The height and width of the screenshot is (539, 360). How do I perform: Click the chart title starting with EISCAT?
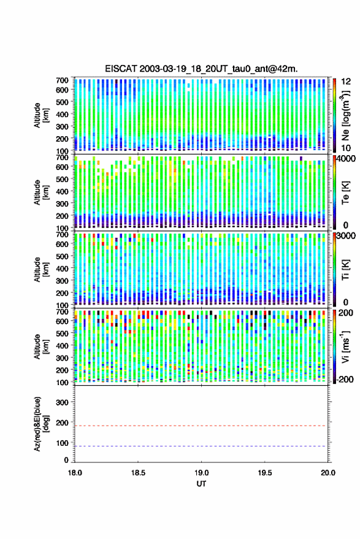pyautogui.click(x=201, y=69)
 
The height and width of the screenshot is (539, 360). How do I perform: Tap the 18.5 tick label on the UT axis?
pyautogui.click(x=138, y=473)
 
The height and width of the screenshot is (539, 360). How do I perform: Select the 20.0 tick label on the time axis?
pyautogui.click(x=328, y=473)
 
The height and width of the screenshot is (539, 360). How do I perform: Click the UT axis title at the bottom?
pyautogui.click(x=201, y=484)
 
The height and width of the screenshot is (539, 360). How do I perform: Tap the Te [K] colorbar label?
pyautogui.click(x=345, y=193)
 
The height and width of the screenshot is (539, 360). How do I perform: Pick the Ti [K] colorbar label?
pyautogui.click(x=345, y=270)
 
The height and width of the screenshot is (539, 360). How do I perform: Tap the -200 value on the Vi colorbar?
pyautogui.click(x=345, y=379)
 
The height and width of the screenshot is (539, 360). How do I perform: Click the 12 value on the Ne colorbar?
pyautogui.click(x=347, y=82)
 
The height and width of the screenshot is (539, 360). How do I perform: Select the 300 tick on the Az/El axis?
pyautogui.click(x=62, y=402)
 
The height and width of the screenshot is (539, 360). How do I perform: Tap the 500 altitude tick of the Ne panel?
pyautogui.click(x=62, y=102)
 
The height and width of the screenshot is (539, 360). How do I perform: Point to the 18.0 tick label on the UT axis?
pyautogui.click(x=75, y=473)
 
